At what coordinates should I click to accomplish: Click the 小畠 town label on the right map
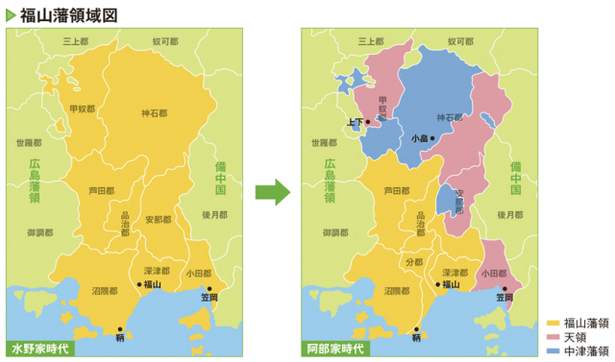tap(420, 138)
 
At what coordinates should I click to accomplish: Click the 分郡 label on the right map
tap(414, 261)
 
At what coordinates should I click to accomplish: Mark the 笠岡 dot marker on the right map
tap(504, 287)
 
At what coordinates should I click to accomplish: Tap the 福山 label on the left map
tap(152, 285)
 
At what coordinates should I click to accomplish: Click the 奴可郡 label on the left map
tap(165, 42)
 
